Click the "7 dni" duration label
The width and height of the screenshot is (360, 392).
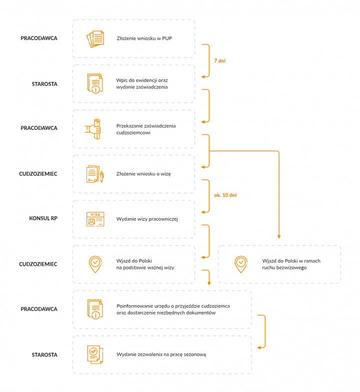(220, 61)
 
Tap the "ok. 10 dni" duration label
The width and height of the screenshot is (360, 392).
(225, 195)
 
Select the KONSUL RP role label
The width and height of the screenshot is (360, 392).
(43, 218)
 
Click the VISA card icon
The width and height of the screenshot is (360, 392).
(95, 219)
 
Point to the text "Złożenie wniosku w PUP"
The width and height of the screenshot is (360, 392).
(144, 38)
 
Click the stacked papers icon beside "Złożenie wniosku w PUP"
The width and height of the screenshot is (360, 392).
(95, 39)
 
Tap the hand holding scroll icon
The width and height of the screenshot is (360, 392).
(93, 129)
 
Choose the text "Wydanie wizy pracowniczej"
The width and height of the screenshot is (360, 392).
(147, 219)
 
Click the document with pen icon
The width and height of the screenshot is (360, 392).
(95, 174)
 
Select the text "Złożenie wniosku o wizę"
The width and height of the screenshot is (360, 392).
(143, 174)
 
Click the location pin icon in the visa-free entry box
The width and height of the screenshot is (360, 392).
(241, 264)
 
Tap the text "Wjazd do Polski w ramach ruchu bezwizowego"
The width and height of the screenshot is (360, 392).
(291, 264)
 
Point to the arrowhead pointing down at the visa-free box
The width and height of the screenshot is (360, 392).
(279, 237)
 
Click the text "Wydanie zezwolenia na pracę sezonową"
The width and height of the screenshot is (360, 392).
(161, 355)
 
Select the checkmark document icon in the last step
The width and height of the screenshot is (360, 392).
(95, 355)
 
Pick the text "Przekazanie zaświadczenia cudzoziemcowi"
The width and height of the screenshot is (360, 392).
(146, 129)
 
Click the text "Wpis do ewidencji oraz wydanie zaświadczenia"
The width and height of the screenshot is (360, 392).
(142, 84)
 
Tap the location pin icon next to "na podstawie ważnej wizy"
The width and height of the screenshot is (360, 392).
(95, 264)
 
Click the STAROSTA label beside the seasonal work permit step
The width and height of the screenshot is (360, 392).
(44, 355)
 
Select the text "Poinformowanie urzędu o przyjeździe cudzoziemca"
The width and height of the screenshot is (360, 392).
(173, 306)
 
